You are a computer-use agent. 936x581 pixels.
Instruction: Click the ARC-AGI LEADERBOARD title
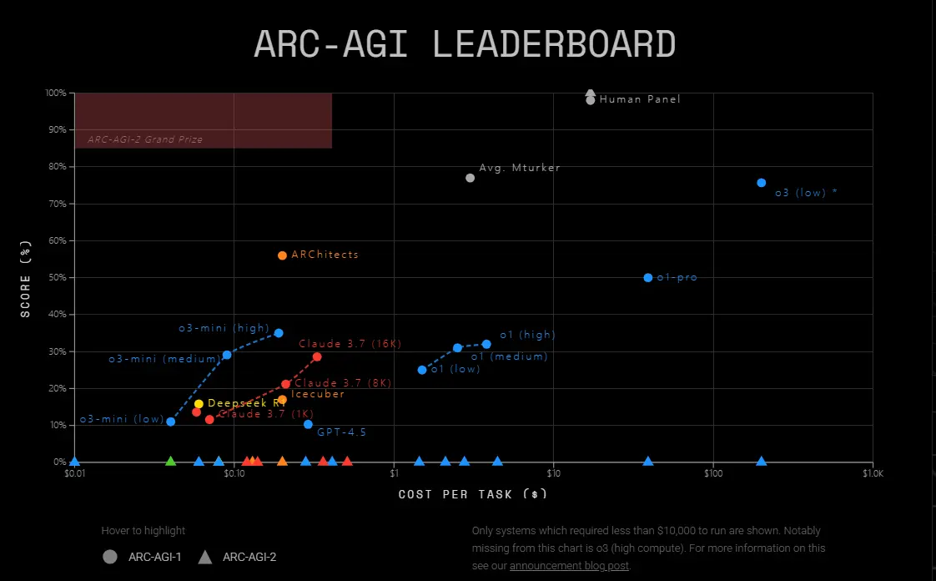pyautogui.click(x=465, y=44)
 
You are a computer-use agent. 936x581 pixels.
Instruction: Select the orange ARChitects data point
pyautogui.click(x=282, y=255)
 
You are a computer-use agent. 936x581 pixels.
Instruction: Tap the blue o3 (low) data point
pyautogui.click(x=761, y=183)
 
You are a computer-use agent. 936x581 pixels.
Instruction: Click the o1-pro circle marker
pyautogui.click(x=648, y=277)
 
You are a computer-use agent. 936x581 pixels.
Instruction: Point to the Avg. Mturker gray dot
pyautogui.click(x=470, y=178)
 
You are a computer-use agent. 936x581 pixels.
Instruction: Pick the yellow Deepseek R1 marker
pyautogui.click(x=199, y=404)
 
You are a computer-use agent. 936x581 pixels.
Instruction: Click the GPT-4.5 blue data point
pyautogui.click(x=308, y=424)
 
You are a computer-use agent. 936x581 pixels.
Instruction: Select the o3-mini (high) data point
pyautogui.click(x=279, y=333)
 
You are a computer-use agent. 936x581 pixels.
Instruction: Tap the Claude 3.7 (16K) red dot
pyautogui.click(x=317, y=356)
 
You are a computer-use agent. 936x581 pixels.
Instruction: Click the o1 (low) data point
pyautogui.click(x=422, y=370)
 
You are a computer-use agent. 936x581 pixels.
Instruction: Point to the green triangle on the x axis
pyautogui.click(x=171, y=461)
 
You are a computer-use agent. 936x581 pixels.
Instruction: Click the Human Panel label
pyautogui.click(x=640, y=99)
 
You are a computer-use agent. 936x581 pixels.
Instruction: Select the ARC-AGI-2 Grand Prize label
pyautogui.click(x=145, y=139)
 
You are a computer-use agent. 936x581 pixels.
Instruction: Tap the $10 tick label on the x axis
pyautogui.click(x=553, y=474)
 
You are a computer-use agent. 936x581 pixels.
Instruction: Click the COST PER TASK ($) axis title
pyautogui.click(x=473, y=494)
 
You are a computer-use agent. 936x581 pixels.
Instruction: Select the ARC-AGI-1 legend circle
pyautogui.click(x=109, y=557)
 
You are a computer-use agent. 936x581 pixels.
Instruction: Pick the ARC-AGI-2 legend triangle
pyautogui.click(x=205, y=557)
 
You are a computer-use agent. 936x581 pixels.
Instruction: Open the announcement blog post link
pyautogui.click(x=570, y=565)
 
